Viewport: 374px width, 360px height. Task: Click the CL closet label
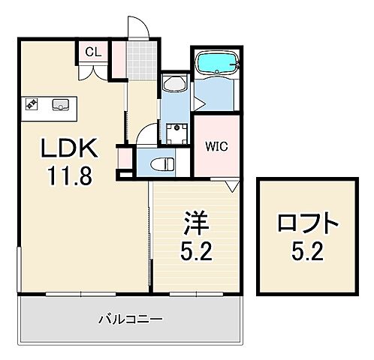coord(94,52)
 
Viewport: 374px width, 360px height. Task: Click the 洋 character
coord(195,224)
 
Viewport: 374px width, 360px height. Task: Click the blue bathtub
coord(216,64)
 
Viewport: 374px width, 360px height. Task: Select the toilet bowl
coord(161,163)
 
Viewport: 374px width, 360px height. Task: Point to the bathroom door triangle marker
coord(233,184)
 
